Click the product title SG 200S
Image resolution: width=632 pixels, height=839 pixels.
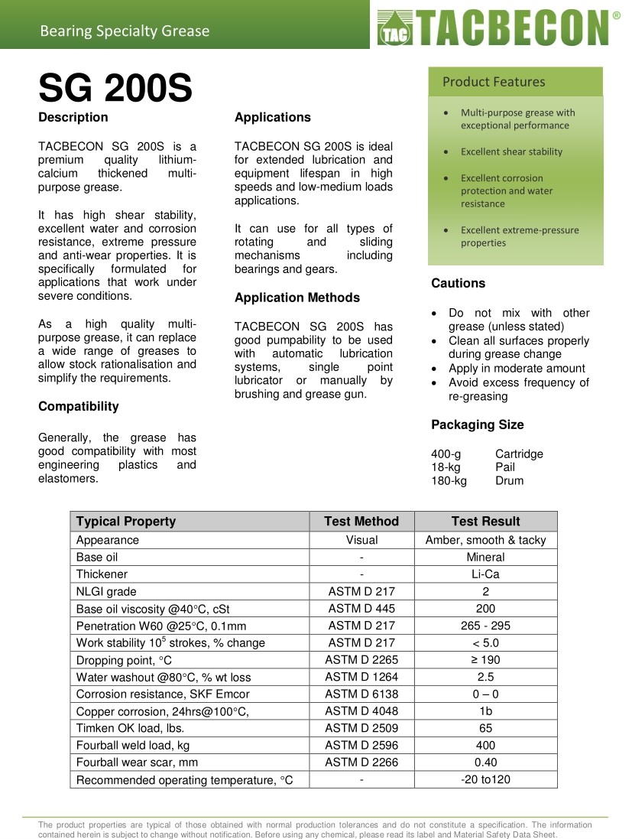click(115, 89)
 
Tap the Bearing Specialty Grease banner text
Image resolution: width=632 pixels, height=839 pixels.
click(125, 31)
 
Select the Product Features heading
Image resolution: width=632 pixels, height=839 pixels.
click(494, 82)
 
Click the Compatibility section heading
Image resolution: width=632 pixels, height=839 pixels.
click(79, 406)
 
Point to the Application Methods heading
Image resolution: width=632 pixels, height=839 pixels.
click(297, 298)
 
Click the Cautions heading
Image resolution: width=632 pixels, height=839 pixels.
click(458, 283)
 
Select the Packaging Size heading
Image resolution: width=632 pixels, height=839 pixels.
click(477, 424)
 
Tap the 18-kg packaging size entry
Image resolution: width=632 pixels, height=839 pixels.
click(447, 467)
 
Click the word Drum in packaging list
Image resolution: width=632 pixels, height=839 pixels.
click(509, 481)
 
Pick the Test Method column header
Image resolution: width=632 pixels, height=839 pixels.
click(361, 522)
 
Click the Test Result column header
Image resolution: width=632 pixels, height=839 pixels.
click(485, 522)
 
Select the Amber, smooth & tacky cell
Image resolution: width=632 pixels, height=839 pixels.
click(485, 540)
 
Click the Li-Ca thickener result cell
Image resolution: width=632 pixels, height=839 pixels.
click(485, 574)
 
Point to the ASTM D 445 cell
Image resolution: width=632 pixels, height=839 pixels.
click(361, 609)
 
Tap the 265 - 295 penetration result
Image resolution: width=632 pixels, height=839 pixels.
click(485, 626)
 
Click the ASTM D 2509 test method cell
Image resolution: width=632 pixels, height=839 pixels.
click(361, 728)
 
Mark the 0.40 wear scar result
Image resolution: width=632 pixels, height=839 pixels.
click(485, 762)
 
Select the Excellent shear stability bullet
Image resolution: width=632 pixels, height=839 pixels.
click(511, 151)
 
